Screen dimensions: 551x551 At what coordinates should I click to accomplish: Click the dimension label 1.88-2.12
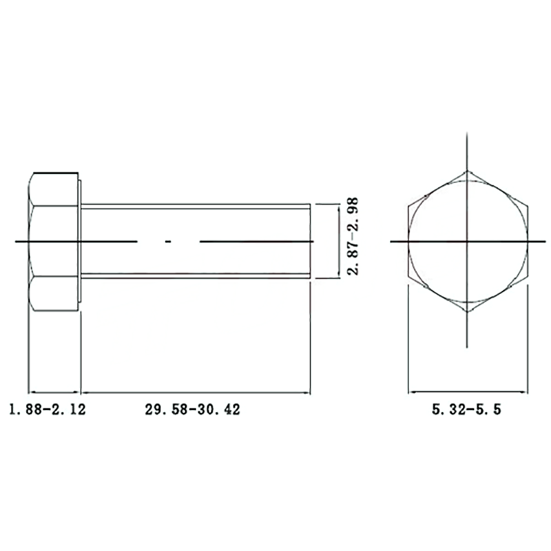coord(48,409)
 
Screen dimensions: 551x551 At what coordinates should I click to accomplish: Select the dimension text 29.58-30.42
coord(193,409)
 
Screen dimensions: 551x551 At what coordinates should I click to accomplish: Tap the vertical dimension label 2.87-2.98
coord(353,236)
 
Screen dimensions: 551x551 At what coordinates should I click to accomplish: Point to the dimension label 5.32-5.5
coord(466,409)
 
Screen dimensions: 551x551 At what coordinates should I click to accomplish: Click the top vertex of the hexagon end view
coord(467,171)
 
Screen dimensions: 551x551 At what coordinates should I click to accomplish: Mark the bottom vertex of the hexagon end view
coord(467,312)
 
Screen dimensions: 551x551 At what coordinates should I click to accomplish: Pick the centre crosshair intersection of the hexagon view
coord(467,242)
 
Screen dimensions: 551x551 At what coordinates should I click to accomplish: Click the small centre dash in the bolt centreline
coord(168,242)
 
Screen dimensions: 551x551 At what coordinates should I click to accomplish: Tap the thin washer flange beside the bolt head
coord(80,241)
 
